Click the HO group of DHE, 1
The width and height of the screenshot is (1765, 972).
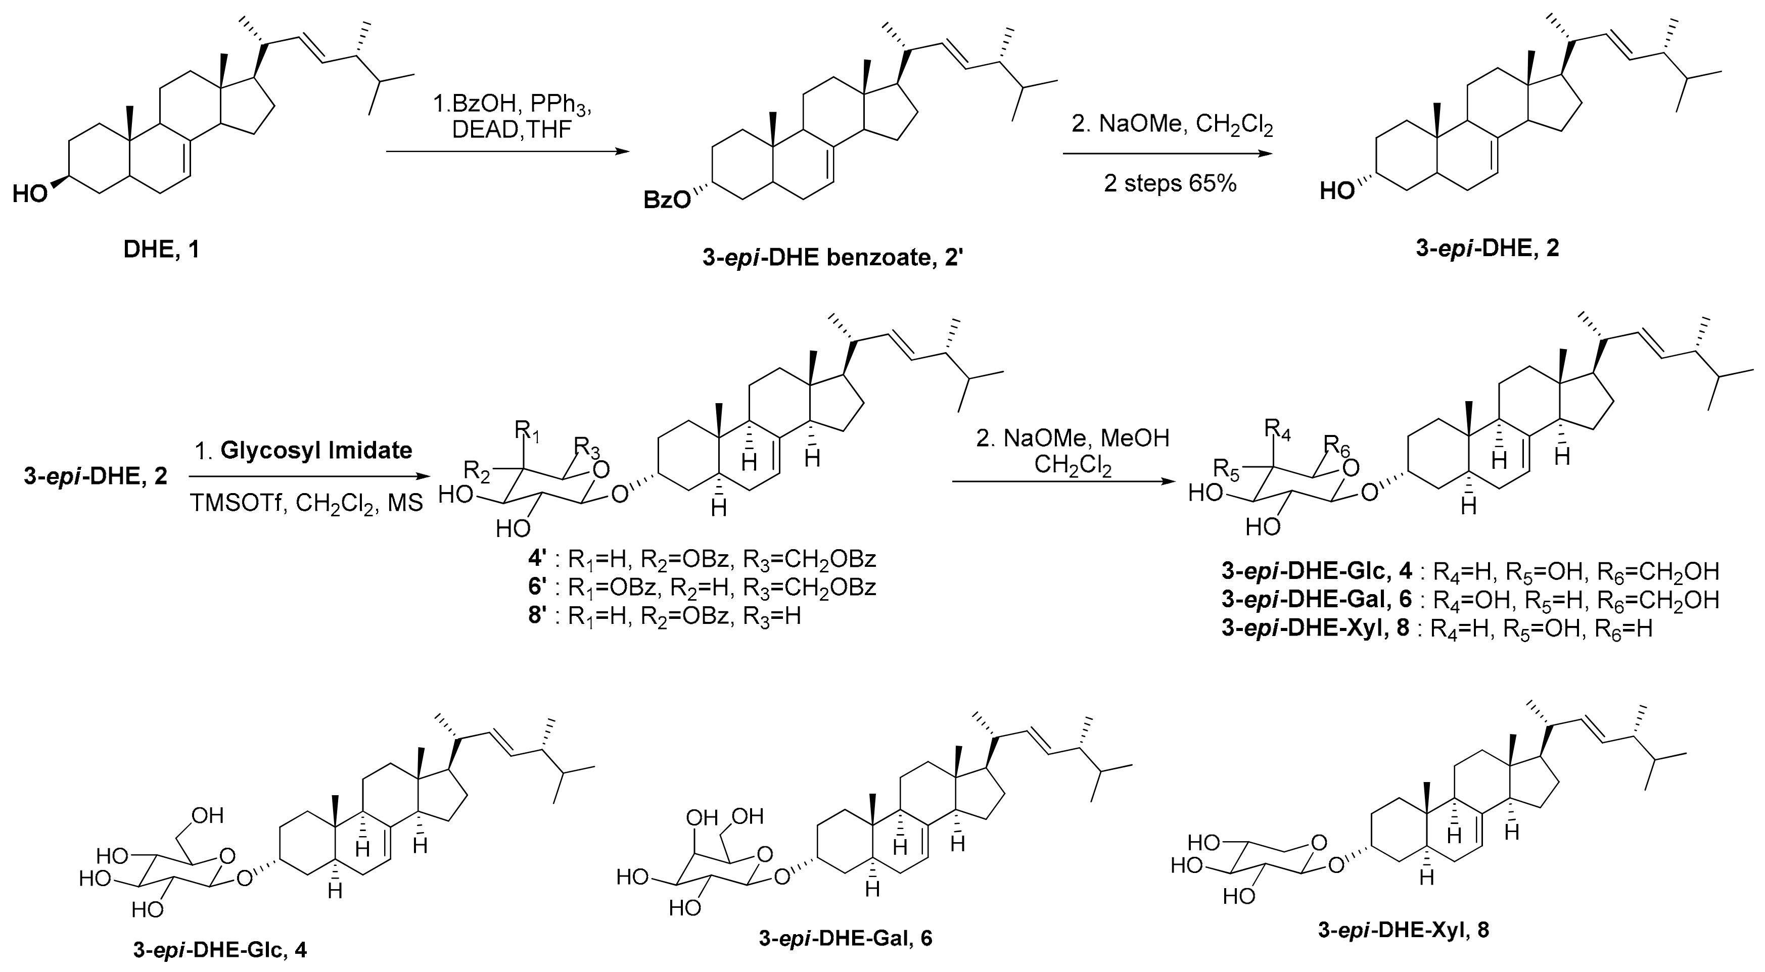31,195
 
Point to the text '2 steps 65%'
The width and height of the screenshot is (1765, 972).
1170,183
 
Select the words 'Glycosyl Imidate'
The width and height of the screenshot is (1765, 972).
316,450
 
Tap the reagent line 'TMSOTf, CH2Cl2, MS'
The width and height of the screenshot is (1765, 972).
306,504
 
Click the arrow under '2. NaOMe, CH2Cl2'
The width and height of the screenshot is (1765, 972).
1168,154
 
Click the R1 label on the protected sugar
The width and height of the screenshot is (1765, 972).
528,433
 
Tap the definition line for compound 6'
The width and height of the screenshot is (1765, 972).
698,587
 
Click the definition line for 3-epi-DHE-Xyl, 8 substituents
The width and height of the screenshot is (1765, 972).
1437,628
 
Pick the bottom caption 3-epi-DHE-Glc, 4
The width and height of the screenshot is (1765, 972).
219,950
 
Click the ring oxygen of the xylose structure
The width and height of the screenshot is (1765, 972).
1319,843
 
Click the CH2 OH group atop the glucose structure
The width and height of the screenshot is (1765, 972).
208,815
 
